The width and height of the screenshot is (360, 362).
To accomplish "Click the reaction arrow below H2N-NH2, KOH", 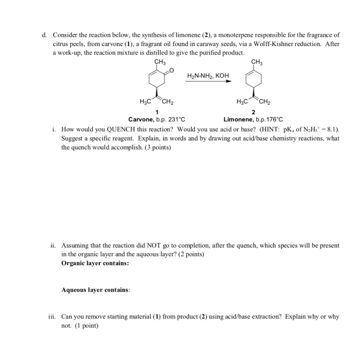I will (208, 81).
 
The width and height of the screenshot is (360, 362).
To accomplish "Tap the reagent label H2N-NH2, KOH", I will (208, 76).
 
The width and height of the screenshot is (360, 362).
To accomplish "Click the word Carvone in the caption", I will (141, 119).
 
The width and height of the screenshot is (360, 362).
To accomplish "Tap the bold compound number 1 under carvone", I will (157, 113).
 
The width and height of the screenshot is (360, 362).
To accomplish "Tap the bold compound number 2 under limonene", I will (253, 113).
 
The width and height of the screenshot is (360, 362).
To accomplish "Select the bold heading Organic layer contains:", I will (95, 263).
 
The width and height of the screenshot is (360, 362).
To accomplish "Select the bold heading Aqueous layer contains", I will (95, 290).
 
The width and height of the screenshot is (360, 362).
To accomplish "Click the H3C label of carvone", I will (146, 103).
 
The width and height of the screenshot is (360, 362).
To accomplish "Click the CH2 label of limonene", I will (265, 103).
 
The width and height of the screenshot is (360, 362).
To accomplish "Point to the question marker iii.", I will (53, 317).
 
